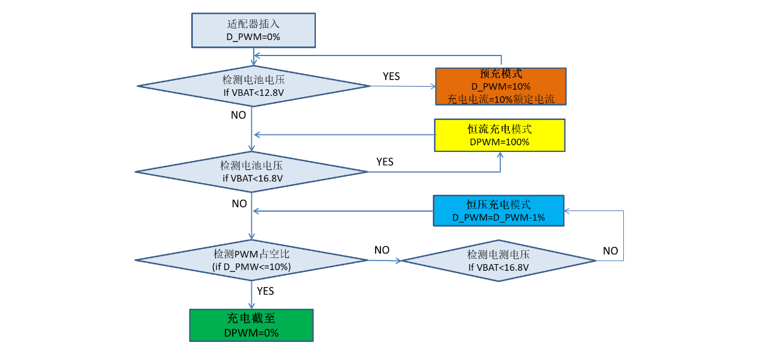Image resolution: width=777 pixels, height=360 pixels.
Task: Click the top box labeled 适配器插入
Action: (253, 30)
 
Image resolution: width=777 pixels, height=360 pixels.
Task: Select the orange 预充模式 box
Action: (500, 86)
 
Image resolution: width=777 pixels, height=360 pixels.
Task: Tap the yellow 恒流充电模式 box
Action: (500, 135)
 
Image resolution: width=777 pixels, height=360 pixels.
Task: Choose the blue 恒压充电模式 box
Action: (499, 210)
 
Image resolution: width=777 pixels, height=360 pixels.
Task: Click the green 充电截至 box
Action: (251, 326)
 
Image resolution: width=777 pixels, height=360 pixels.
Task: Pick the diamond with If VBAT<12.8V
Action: (253, 86)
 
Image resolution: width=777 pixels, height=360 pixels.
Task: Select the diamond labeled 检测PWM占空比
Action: (251, 260)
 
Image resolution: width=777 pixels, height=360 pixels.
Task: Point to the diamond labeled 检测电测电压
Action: (499, 261)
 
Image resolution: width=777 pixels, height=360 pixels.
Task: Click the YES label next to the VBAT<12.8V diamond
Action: (391, 77)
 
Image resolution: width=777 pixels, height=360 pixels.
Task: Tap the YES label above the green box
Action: (265, 291)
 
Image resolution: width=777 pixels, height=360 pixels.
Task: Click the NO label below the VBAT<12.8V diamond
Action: (238, 115)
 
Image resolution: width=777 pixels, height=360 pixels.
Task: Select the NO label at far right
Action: (610, 251)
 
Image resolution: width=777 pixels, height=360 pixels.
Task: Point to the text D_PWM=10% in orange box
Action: (500, 87)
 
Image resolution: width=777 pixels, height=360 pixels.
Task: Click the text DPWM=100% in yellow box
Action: (499, 142)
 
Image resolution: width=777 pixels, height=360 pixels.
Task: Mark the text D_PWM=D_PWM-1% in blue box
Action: (499, 218)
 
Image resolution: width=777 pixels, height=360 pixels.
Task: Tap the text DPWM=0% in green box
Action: (251, 333)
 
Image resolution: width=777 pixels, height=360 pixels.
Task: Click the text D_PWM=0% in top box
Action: (253, 37)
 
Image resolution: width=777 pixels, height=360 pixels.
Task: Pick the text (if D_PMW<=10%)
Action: (251, 267)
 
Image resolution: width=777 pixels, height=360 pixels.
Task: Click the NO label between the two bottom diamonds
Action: (382, 250)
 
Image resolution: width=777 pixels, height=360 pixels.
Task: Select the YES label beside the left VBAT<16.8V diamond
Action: (385, 162)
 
